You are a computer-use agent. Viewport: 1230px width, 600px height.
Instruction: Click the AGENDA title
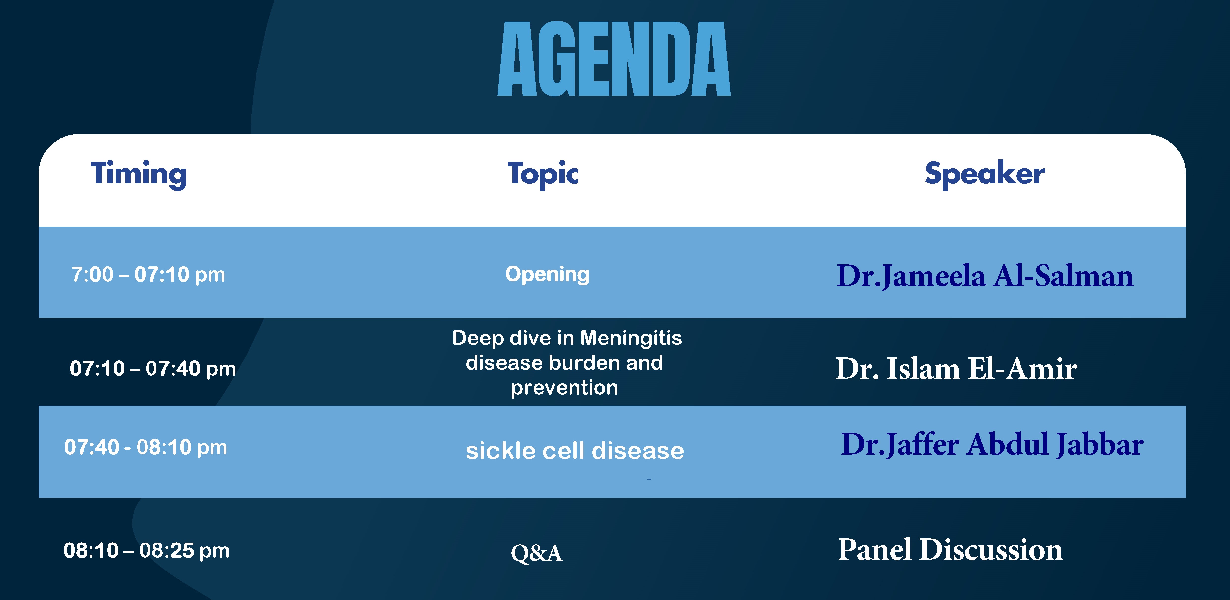click(x=614, y=59)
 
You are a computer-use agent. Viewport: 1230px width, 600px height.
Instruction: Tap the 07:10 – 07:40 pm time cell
click(x=153, y=369)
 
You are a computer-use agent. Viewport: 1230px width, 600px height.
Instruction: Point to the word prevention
click(x=564, y=388)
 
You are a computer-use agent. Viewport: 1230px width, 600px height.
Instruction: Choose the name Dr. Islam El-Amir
click(x=956, y=369)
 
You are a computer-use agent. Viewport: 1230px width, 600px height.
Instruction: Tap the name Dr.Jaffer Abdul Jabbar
click(x=992, y=444)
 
